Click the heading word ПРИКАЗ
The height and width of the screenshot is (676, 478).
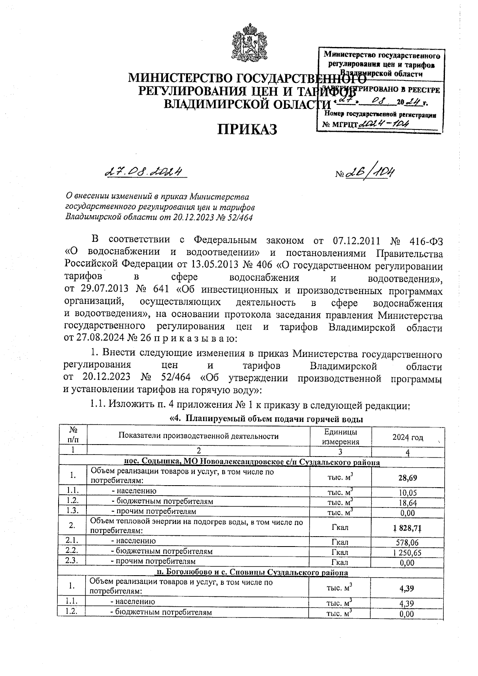(247, 129)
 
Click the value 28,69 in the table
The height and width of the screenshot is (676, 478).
(407, 478)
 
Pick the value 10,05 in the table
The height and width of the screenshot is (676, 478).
(407, 492)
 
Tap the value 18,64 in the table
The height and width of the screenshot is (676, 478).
(407, 503)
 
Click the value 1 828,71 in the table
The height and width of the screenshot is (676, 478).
(407, 528)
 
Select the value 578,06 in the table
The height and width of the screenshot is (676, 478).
(407, 542)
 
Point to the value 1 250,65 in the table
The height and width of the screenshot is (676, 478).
(407, 553)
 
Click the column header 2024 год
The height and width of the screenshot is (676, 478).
(407, 437)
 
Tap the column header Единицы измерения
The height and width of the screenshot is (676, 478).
(341, 437)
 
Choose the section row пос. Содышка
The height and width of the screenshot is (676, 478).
(251, 462)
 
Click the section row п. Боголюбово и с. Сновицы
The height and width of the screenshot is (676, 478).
(251, 572)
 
